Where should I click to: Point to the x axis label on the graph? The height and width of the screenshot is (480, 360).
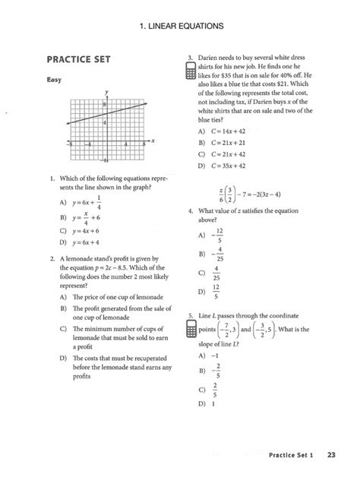153,141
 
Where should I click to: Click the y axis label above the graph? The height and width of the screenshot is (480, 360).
106,92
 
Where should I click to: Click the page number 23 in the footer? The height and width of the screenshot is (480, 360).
332,455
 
